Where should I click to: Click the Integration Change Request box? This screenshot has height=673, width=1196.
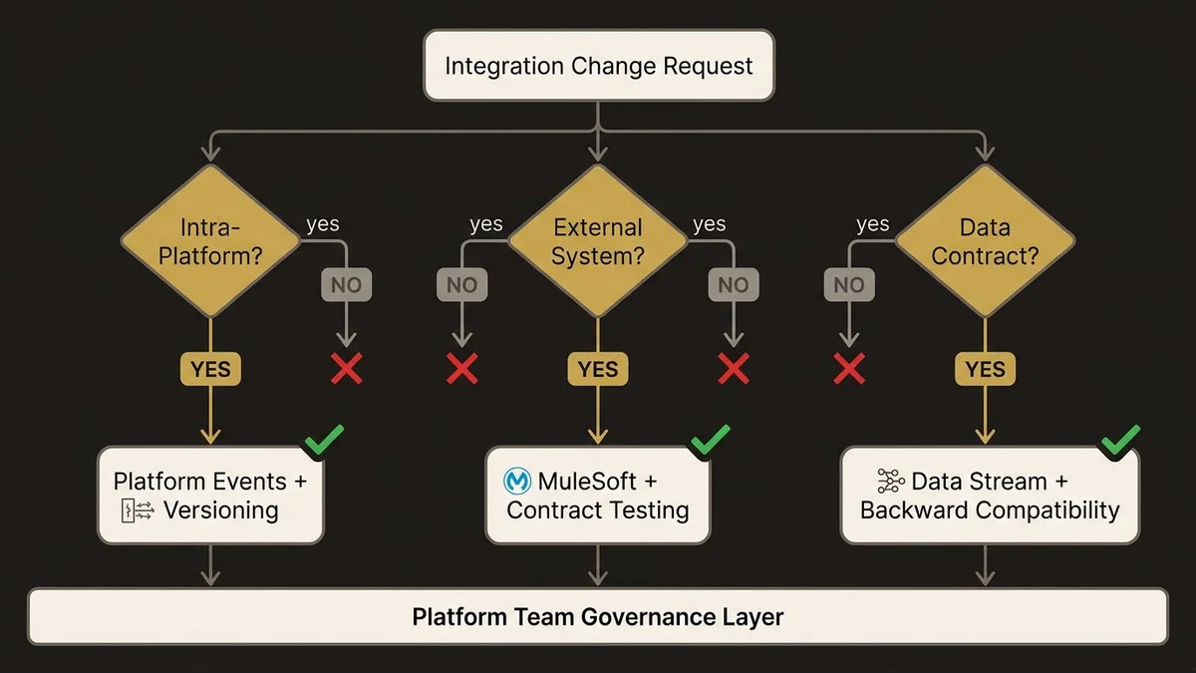(x=599, y=66)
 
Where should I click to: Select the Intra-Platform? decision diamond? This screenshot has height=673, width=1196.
(x=210, y=240)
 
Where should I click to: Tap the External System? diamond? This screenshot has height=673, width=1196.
(x=598, y=240)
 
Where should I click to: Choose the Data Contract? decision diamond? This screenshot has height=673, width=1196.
(x=985, y=240)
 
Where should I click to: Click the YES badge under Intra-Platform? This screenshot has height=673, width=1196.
(x=210, y=369)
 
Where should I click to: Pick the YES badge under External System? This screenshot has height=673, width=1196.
(x=598, y=369)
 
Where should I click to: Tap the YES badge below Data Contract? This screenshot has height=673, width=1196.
(x=985, y=369)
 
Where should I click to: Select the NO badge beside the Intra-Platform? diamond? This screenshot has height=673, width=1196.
(x=346, y=285)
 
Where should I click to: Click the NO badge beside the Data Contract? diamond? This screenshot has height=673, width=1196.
(x=848, y=285)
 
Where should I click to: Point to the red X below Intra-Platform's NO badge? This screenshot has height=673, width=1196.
(x=346, y=369)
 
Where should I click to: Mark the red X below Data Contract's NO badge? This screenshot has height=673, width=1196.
(x=848, y=369)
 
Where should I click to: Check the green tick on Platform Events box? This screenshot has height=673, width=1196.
(x=324, y=441)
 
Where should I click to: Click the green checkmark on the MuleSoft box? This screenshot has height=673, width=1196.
(x=709, y=441)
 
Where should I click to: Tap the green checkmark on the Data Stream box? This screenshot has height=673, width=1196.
(x=1119, y=441)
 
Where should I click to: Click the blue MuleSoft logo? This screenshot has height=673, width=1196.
(x=518, y=482)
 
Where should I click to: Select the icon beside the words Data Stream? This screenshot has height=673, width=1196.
(x=890, y=482)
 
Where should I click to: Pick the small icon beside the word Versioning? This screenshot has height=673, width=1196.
(x=137, y=511)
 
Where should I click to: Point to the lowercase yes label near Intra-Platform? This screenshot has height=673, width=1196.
(x=323, y=223)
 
